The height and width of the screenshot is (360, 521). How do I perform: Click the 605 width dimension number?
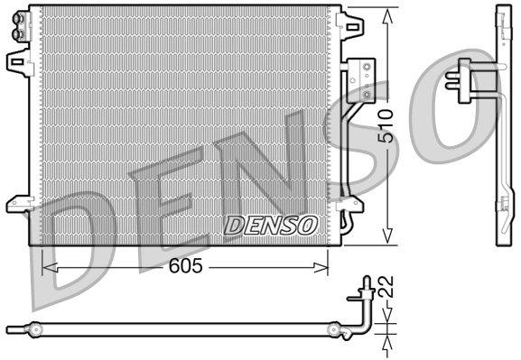click(x=185, y=267)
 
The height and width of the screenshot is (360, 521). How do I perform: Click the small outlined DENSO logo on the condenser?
click(x=270, y=224)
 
